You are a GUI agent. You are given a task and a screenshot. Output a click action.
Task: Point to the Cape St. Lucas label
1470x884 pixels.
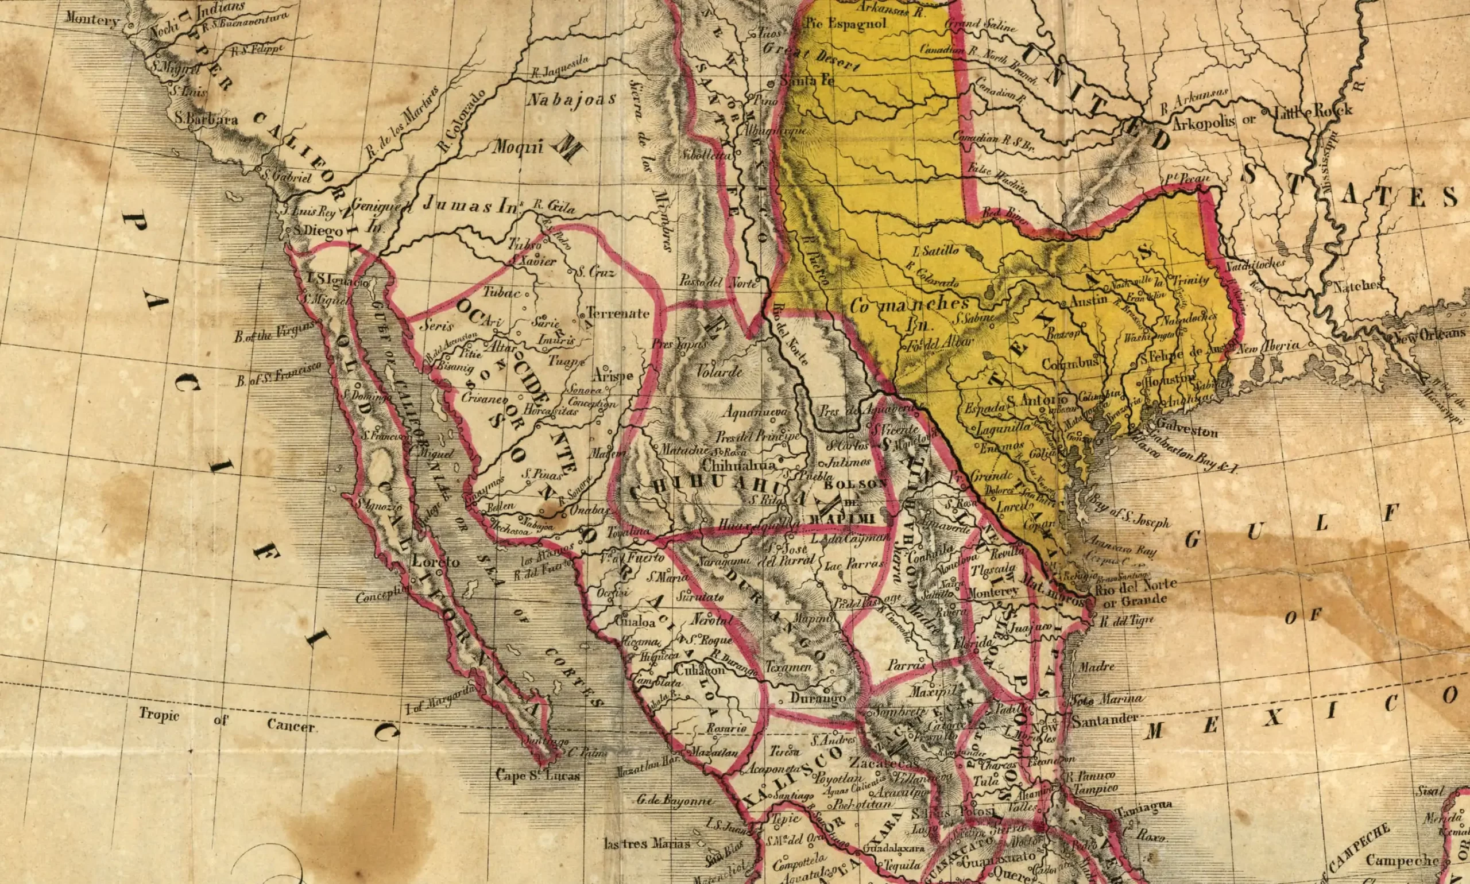coord(537,775)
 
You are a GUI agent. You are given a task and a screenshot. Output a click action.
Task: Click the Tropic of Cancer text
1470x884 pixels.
coord(226,720)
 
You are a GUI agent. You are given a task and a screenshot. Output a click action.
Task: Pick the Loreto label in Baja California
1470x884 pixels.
coord(436,562)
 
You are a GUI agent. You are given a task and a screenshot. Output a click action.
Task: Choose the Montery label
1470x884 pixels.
coord(92,20)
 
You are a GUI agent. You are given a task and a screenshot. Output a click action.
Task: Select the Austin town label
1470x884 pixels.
coord(1089,301)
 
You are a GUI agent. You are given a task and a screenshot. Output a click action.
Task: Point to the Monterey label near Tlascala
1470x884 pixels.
coord(993,593)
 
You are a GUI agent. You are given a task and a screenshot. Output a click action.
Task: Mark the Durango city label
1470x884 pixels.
coord(818,697)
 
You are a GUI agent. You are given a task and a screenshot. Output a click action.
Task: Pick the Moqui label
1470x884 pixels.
coord(517,146)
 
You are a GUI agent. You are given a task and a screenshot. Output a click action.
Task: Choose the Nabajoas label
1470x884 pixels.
coord(571,99)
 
